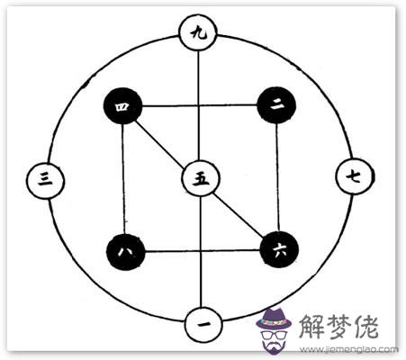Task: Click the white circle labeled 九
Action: pyautogui.click(x=197, y=32)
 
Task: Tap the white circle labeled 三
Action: pyautogui.click(x=45, y=181)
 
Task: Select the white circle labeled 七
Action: pyautogui.click(x=355, y=176)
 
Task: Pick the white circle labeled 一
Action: pyautogui.click(x=203, y=325)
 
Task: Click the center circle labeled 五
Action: pyautogui.click(x=201, y=178)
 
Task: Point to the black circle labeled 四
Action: pyautogui.click(x=122, y=106)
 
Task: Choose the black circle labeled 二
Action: pyautogui.click(x=276, y=105)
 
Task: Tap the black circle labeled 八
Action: pyautogui.click(x=126, y=251)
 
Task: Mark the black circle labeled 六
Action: pyautogui.click(x=279, y=249)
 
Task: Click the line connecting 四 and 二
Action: pyautogui.click(x=200, y=105)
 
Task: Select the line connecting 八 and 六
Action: pyautogui.click(x=203, y=250)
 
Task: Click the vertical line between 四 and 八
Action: pyautogui.click(x=123, y=179)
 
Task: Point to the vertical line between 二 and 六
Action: pyautogui.click(x=278, y=177)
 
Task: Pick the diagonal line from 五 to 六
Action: pyautogui.click(x=238, y=215)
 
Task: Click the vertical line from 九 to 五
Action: pyautogui.click(x=198, y=105)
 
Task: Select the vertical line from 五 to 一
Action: pyautogui.click(x=202, y=251)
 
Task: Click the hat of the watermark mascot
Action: pyautogui.click(x=274, y=320)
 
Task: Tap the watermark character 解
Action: pyautogui.click(x=312, y=328)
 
